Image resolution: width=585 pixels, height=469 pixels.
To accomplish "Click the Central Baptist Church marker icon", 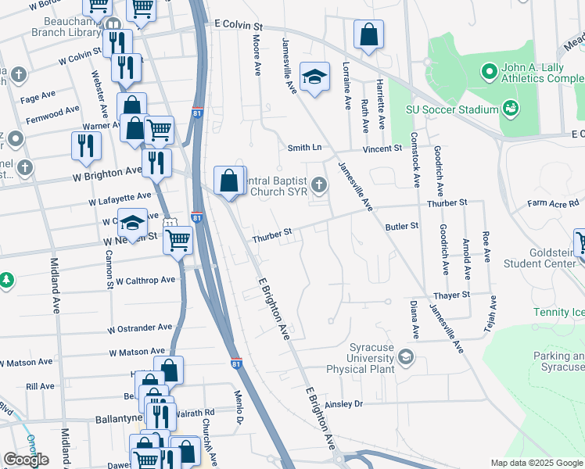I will (318, 185).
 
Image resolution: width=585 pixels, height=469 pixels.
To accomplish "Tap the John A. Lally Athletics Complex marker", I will (490, 73).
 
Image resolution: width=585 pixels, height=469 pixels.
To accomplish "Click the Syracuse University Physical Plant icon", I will (406, 357).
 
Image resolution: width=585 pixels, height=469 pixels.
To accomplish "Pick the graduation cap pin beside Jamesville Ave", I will (314, 77).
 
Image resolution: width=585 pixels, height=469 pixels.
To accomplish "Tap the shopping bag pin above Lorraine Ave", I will (368, 36).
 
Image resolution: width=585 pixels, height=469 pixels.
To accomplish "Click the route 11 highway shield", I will (169, 224).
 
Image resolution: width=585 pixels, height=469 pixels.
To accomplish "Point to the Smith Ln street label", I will (304, 147).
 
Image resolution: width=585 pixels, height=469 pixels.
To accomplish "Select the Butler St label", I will (402, 226).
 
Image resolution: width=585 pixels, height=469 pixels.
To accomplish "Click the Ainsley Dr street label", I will (344, 404).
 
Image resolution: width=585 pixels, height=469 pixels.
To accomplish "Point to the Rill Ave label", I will (40, 386).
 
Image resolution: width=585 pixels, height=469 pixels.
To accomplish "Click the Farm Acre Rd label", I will (554, 203).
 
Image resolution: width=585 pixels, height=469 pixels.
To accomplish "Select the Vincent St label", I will (382, 148).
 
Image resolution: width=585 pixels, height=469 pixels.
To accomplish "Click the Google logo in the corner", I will (26, 460).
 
